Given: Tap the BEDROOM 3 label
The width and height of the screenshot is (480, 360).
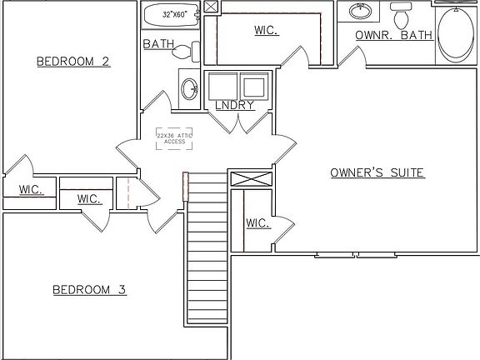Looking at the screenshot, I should tap(89, 290).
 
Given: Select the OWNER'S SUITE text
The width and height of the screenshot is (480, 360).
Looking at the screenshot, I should tap(377, 173).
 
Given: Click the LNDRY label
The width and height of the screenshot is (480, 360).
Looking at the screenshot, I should tap(235, 106).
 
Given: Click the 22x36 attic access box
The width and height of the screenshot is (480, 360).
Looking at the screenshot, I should tap(174, 138).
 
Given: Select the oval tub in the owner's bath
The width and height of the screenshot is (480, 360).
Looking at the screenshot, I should tap(457, 34).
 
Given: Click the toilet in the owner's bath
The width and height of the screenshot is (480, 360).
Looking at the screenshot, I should tap(402, 16).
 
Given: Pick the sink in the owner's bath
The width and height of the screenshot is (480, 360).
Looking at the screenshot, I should tap(360, 12).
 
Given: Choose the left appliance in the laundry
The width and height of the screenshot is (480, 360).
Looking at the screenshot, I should tap(222, 87).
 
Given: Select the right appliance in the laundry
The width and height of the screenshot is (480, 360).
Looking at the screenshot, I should tap(253, 87).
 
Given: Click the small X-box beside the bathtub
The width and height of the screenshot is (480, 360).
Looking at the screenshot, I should tap(211, 7).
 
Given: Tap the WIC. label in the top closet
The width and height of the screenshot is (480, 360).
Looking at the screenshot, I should tap(266, 31).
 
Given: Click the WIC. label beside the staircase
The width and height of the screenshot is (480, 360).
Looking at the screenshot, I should tap(257, 223).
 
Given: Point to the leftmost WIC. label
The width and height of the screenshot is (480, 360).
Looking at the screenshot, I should tap(32, 190).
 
